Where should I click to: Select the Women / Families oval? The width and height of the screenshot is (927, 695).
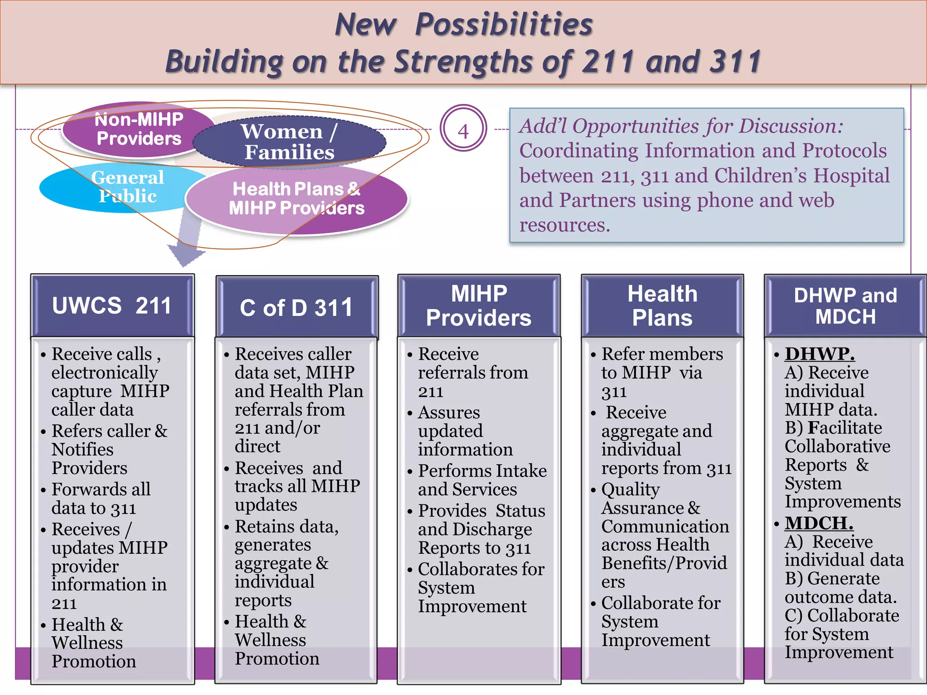point(290,142)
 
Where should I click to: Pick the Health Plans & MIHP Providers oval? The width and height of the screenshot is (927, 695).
point(296,199)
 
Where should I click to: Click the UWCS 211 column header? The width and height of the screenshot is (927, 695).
point(112,305)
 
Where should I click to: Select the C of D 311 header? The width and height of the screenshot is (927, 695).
point(296,308)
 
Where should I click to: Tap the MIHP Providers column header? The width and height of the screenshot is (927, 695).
point(479,305)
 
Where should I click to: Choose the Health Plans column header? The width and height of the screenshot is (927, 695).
point(662,305)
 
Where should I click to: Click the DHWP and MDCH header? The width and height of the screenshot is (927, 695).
point(845,305)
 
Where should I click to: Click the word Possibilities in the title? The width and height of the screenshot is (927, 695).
point(503,24)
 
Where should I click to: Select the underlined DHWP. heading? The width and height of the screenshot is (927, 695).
point(819,353)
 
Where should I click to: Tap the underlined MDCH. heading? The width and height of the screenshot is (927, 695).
point(819,523)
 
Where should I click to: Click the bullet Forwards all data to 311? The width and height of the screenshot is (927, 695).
point(100,498)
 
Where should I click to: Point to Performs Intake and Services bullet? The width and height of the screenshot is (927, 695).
point(482,480)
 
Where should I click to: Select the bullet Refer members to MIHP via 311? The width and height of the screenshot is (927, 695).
point(661,372)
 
